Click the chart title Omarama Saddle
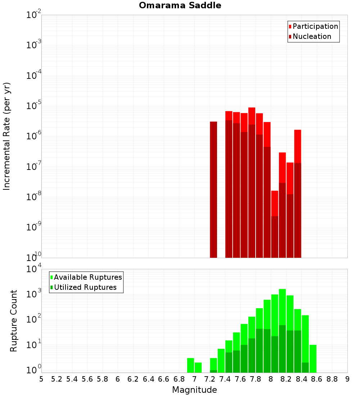point(180,5)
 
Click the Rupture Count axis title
point(14,320)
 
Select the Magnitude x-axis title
point(194,390)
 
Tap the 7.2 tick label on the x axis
point(210,379)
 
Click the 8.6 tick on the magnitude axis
point(317,379)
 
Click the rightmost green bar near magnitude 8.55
point(313,359)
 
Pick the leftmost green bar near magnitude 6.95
point(190,365)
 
